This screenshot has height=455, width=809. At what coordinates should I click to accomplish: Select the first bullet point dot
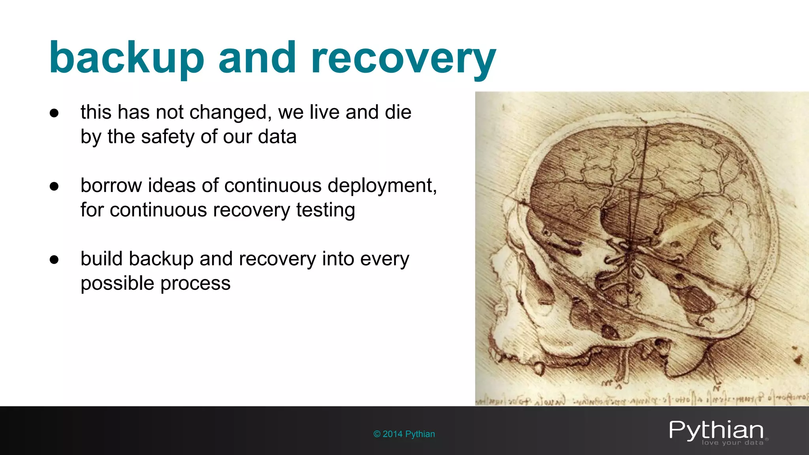54,113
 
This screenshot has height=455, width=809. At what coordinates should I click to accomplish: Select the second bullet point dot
54,186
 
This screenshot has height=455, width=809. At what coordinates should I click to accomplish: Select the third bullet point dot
54,259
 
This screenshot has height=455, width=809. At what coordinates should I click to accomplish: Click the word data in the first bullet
277,137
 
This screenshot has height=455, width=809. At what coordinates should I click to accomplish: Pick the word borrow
111,185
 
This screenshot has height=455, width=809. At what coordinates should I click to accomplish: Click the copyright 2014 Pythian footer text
404,434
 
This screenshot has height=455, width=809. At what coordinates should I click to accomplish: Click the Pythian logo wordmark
716,430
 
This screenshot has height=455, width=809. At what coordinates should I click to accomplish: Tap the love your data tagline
732,443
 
